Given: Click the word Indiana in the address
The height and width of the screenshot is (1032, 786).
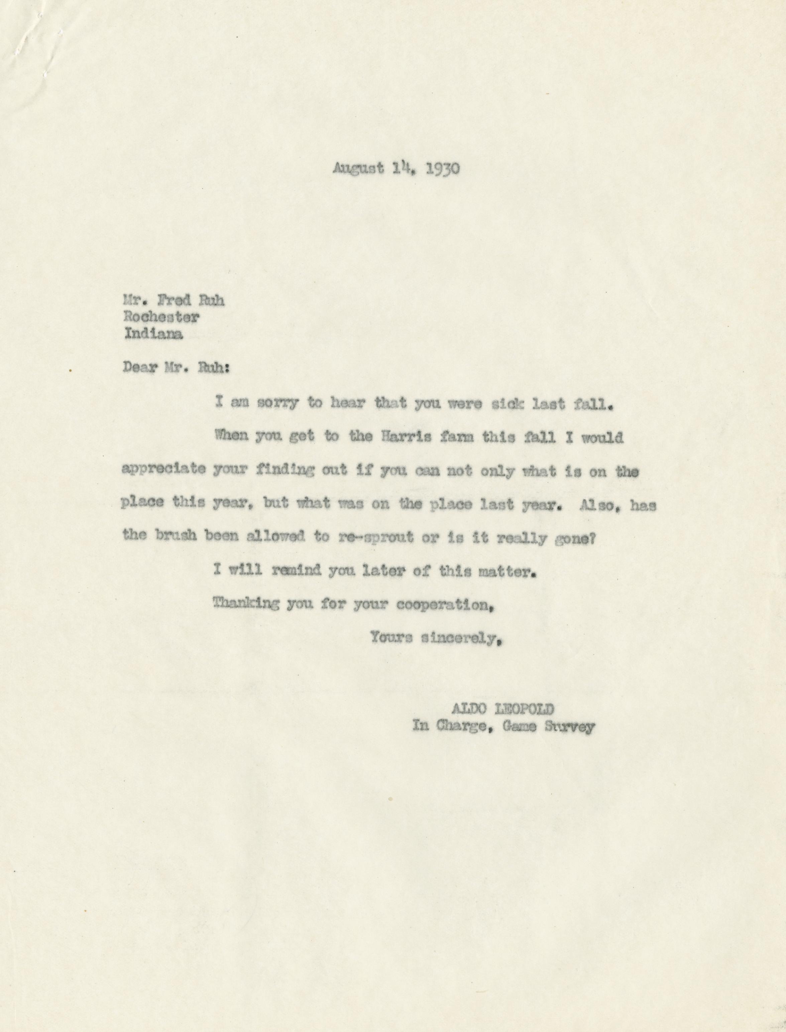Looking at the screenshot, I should pos(153,334).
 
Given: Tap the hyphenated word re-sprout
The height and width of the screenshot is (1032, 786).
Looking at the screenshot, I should pos(375,538).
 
